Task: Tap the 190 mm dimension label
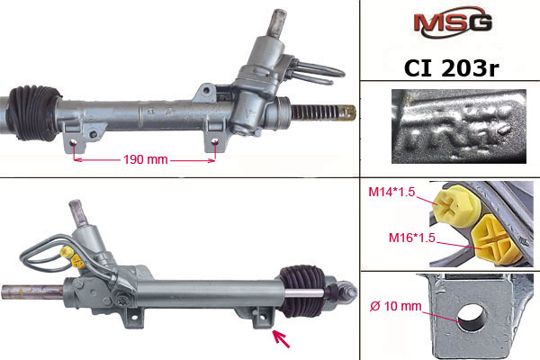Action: coord(145,159)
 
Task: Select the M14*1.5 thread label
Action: coord(391,192)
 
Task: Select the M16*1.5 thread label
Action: coord(412,238)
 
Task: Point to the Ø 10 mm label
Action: coord(396,306)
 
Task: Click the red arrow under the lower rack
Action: coord(282,338)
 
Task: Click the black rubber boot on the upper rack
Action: coord(34,112)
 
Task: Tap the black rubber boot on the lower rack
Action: coord(302,291)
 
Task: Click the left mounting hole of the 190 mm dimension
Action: coord(74,142)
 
